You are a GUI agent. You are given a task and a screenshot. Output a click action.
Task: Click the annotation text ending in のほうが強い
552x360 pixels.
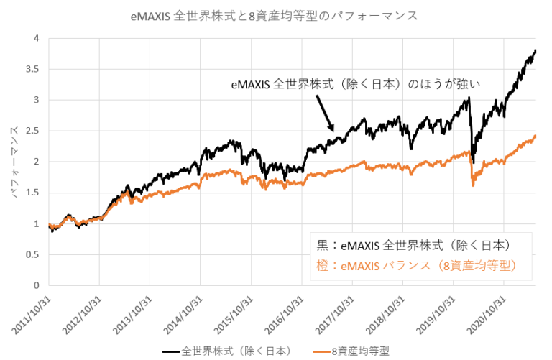coord(355,84)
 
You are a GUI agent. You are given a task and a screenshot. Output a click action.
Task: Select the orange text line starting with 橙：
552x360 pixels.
coord(416,265)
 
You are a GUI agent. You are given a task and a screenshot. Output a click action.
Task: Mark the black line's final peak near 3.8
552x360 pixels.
coord(535,51)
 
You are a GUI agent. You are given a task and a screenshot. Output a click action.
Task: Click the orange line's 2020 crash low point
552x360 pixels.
coord(473,186)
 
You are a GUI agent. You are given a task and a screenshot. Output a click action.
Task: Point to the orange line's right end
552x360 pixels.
coord(535,136)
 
